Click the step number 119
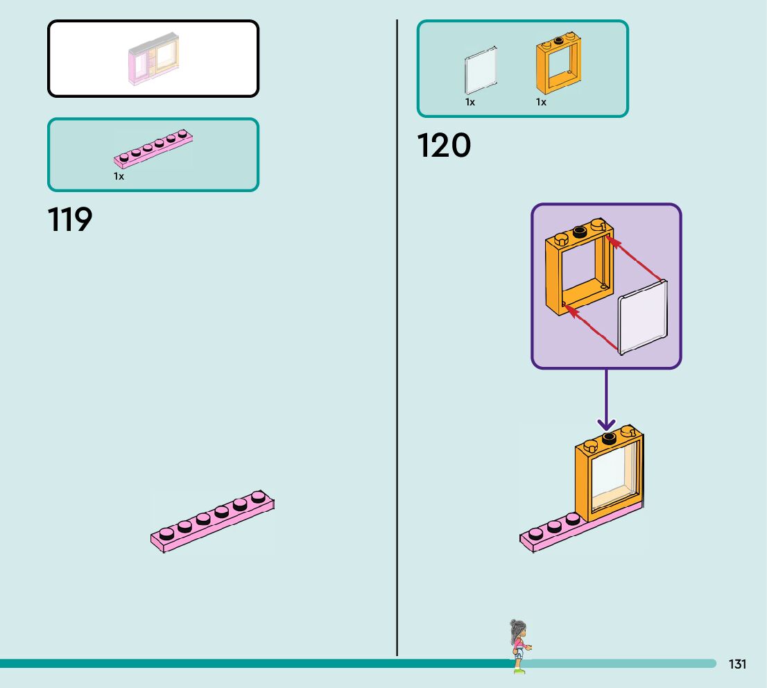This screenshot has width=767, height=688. pyautogui.click(x=70, y=220)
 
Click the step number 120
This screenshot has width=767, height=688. pyautogui.click(x=444, y=146)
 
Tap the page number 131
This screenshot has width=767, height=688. pyautogui.click(x=737, y=664)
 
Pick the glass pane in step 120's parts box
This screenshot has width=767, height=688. pyautogui.click(x=480, y=70)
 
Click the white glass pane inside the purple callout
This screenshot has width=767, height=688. pyautogui.click(x=644, y=317)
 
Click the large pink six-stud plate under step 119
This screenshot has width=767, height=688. pyautogui.click(x=212, y=522)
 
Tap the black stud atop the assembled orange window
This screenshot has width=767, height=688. pyautogui.click(x=610, y=437)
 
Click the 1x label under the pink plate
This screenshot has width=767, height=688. pyautogui.click(x=119, y=176)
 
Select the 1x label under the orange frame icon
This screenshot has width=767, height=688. pyautogui.click(x=541, y=102)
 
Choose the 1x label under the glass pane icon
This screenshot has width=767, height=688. pyautogui.click(x=470, y=102)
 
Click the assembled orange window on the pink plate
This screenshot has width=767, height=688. pyautogui.click(x=609, y=479)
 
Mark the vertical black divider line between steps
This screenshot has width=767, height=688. pyautogui.click(x=397, y=347)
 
